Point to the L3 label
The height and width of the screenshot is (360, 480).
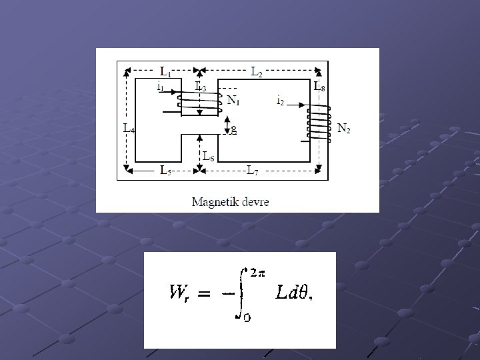pyautogui.click(x=199, y=87)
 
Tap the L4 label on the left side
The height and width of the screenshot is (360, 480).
pyautogui.click(x=129, y=129)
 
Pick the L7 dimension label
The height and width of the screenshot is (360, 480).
pyautogui.click(x=253, y=171)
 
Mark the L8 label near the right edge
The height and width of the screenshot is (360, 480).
pyautogui.click(x=320, y=87)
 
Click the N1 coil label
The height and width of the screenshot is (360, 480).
pyautogui.click(x=234, y=101)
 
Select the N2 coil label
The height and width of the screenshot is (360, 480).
pyautogui.click(x=344, y=128)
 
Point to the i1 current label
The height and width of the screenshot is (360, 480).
pyautogui.click(x=161, y=87)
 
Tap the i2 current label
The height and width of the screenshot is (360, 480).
pyautogui.click(x=280, y=101)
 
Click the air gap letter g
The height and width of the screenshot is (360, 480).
pyautogui.click(x=233, y=128)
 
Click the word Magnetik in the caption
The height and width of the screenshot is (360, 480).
pyautogui.click(x=215, y=201)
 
